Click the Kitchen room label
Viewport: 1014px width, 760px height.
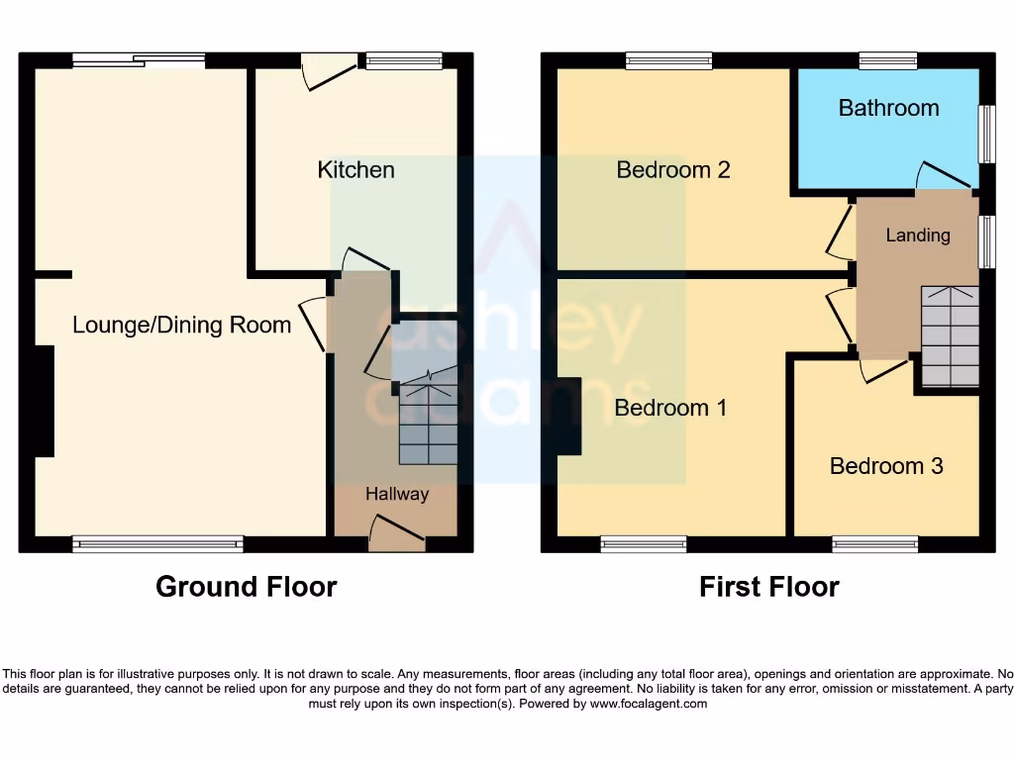point(355,170)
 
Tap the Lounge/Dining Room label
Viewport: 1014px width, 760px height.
point(181,325)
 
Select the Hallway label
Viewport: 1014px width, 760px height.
point(397,494)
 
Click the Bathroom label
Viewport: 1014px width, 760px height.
point(888,108)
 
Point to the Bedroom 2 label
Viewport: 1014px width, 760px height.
point(673,170)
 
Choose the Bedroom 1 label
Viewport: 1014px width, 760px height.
point(670,408)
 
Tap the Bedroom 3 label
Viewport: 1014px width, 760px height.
point(886,466)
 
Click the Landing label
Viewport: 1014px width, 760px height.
point(918,236)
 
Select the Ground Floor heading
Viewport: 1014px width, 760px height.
point(246,587)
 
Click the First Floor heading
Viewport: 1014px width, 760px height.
point(768,587)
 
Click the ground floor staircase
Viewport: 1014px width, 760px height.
point(428,424)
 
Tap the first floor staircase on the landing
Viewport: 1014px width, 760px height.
point(950,336)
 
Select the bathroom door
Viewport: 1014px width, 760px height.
point(944,175)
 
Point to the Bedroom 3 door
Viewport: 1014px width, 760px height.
point(884,370)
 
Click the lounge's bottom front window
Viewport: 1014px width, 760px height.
point(157,543)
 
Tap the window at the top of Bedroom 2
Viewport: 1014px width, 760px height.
point(668,61)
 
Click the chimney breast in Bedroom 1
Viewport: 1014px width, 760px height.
point(568,417)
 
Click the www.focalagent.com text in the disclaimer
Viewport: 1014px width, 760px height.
point(649,705)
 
